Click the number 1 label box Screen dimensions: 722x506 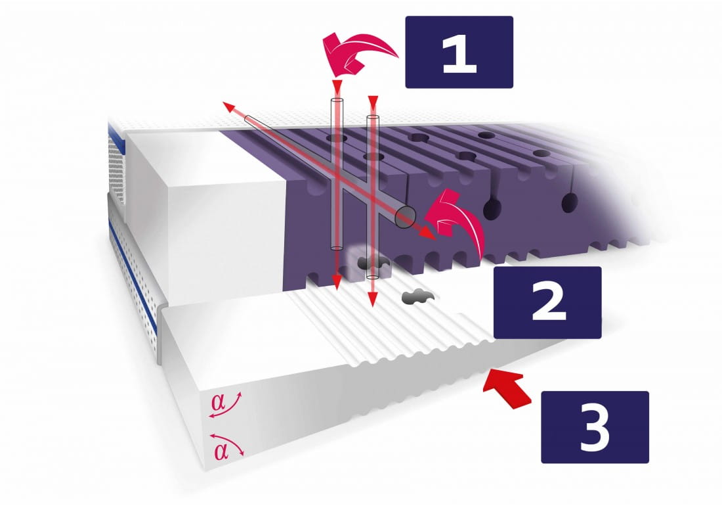[x=459, y=52]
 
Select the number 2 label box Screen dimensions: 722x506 [x=547, y=302]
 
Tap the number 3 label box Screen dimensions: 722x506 [x=595, y=427]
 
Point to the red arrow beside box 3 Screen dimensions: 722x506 [x=507, y=390]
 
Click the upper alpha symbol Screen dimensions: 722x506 [x=219, y=402]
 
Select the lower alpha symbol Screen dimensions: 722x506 [x=221, y=451]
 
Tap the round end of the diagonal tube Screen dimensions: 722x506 [x=405, y=217]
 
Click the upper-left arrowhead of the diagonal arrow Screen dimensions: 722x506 [x=228, y=107]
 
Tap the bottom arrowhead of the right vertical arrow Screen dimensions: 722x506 [x=373, y=300]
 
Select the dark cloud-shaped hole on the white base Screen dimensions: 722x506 [x=415, y=296]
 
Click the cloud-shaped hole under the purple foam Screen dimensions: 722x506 [x=372, y=263]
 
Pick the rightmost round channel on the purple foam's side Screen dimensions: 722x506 [x=570, y=202]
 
